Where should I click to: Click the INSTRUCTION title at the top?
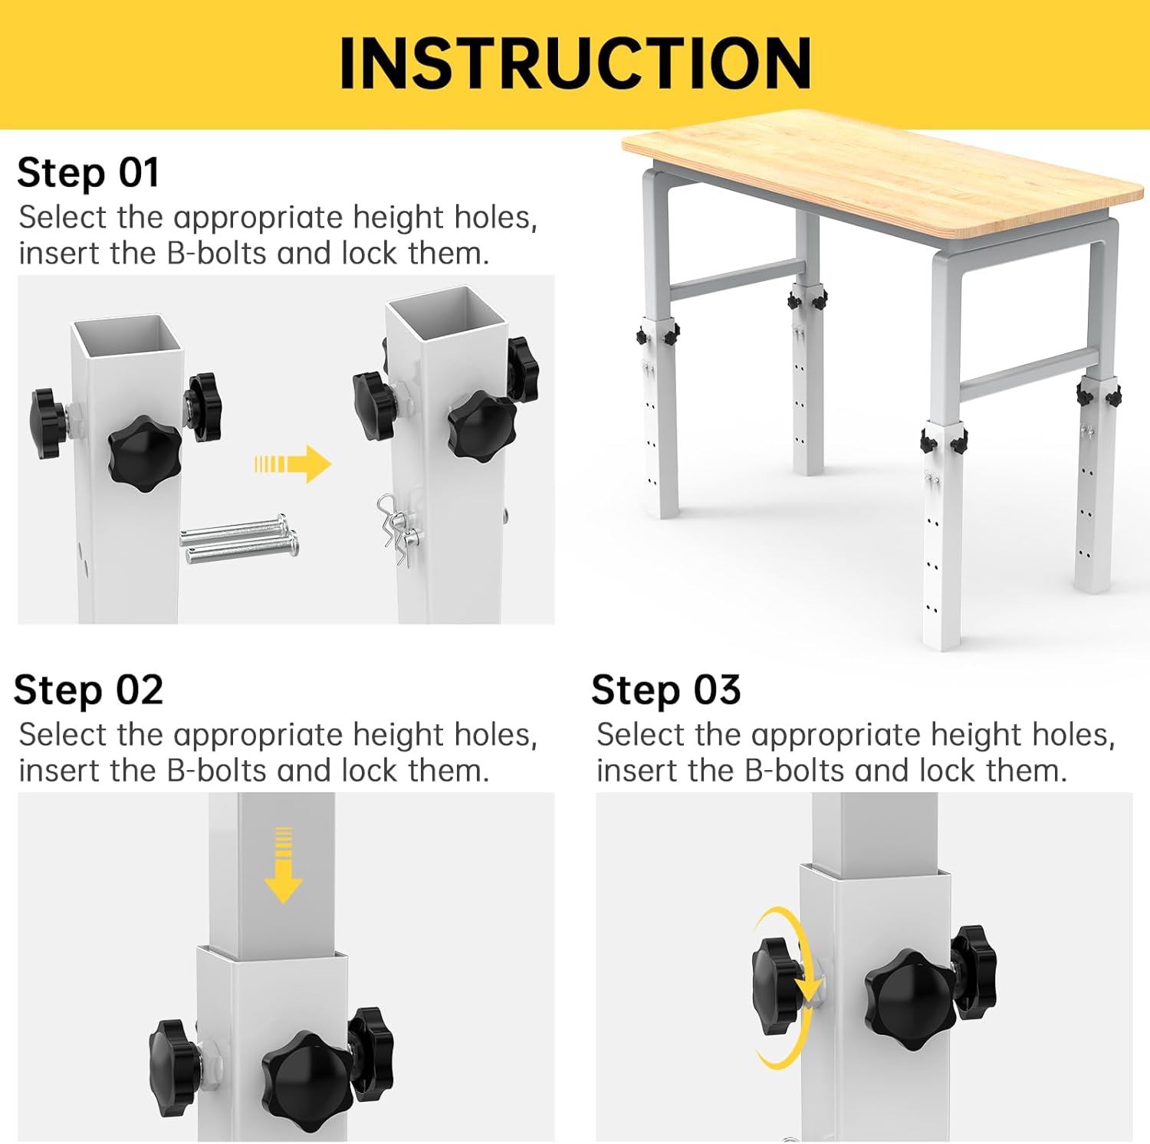[575, 63]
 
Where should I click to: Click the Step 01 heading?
[88, 172]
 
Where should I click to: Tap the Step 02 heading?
[88, 690]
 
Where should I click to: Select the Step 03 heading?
[665, 690]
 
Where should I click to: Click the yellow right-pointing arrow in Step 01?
[293, 464]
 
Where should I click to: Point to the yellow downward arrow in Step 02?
[283, 864]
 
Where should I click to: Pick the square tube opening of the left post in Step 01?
[127, 337]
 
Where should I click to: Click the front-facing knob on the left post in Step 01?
[144, 449]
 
